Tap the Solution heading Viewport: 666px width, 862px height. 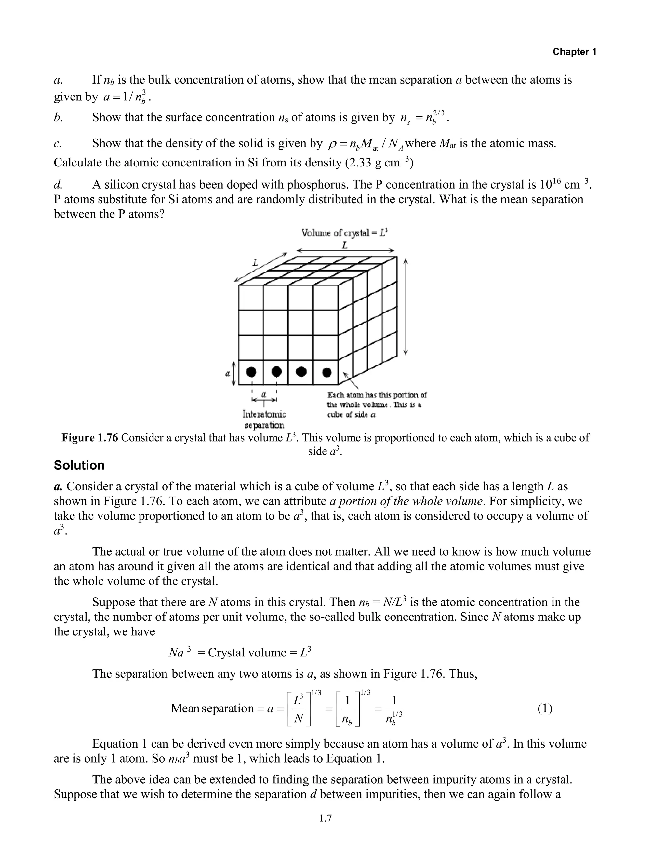(x=79, y=465)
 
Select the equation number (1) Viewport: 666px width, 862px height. (x=545, y=709)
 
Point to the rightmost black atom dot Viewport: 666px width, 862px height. (x=326, y=372)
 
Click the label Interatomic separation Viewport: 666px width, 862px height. (x=264, y=419)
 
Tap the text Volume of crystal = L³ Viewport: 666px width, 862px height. (x=345, y=233)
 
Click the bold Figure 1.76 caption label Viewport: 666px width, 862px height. (x=90, y=438)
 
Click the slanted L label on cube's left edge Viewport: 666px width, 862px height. (x=255, y=263)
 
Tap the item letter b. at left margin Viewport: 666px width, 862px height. (x=58, y=118)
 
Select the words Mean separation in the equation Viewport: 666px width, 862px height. (x=212, y=709)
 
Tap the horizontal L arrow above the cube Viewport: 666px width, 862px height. (x=345, y=250)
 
